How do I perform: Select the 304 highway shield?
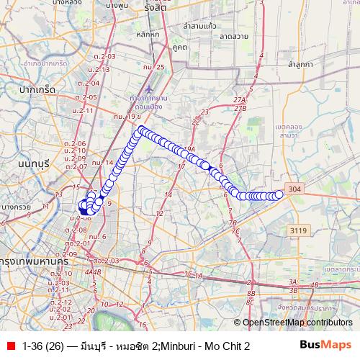click(x=294, y=189)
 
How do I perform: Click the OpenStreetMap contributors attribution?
click(x=299, y=323)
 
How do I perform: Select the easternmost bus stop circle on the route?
click(x=279, y=193)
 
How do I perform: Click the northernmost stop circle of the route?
click(x=141, y=130)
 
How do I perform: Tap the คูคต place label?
click(x=179, y=47)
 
